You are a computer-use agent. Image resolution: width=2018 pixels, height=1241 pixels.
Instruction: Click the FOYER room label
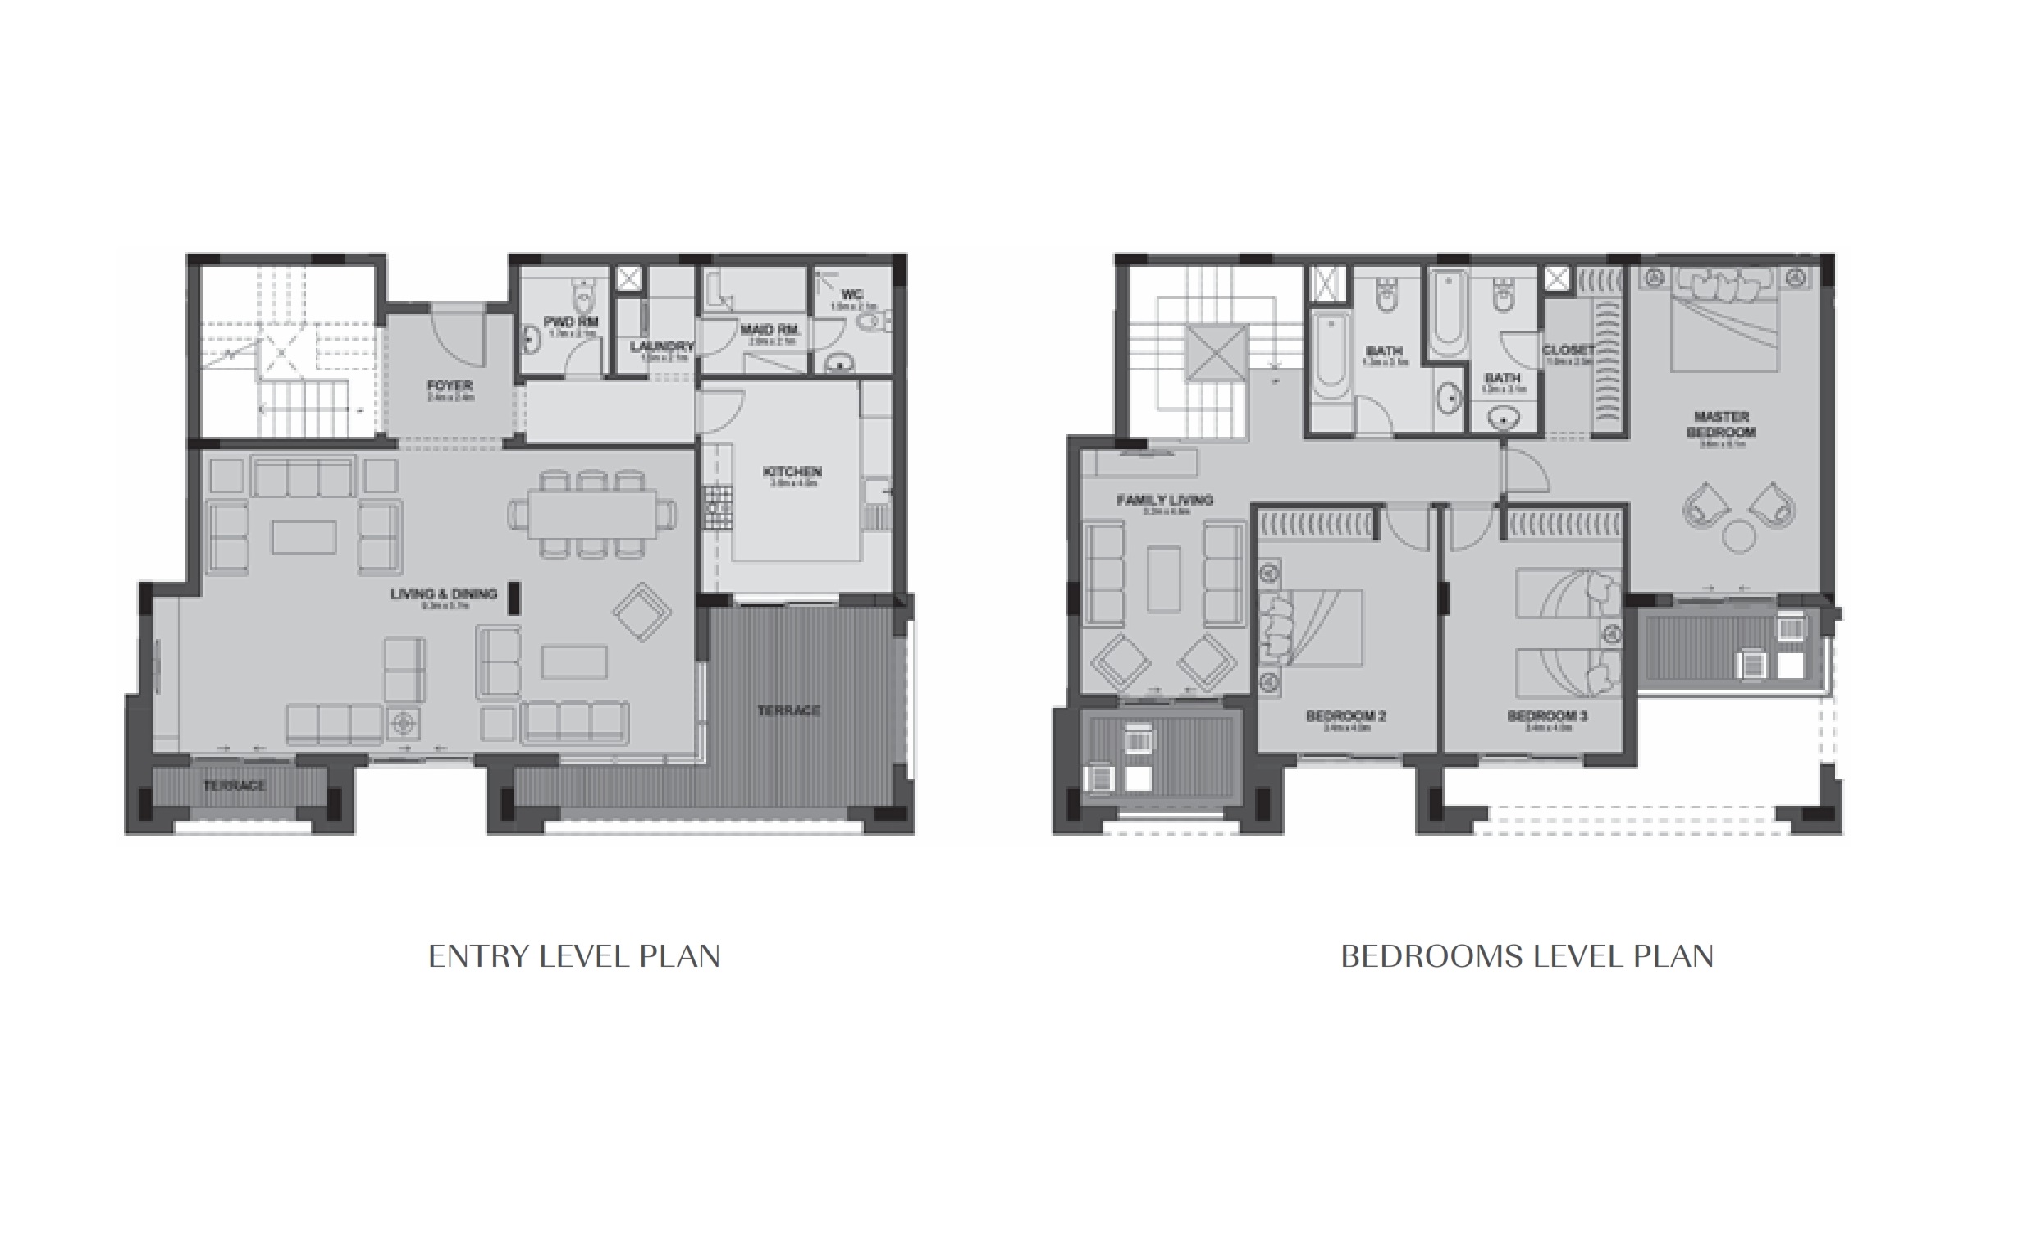pyautogui.click(x=450, y=386)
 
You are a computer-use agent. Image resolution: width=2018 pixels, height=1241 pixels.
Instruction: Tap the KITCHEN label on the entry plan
pyautogui.click(x=792, y=472)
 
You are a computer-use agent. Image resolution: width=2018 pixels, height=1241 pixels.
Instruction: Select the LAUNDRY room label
pyautogui.click(x=661, y=346)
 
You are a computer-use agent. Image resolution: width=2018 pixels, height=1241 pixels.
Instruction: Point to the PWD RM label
pyautogui.click(x=571, y=323)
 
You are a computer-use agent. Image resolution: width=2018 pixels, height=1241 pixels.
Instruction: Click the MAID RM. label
pyautogui.click(x=769, y=330)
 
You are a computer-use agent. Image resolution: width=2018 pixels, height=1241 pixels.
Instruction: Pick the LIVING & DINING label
pyautogui.click(x=444, y=594)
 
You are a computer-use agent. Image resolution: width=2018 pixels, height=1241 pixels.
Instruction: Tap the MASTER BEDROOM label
pyautogui.click(x=1721, y=424)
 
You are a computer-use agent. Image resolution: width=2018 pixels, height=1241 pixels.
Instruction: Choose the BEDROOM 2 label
pyautogui.click(x=1346, y=717)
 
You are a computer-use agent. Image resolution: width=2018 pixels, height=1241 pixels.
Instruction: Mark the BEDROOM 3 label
pyautogui.click(x=1547, y=717)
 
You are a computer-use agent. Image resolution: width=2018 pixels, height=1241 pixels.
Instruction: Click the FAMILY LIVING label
pyautogui.click(x=1165, y=499)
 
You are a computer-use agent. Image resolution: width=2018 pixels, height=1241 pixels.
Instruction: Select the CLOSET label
pyautogui.click(x=1568, y=350)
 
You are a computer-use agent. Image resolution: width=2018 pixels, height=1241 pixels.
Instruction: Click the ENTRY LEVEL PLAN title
pyautogui.click(x=573, y=956)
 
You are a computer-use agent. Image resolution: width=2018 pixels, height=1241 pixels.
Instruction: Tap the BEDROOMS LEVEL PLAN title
pyautogui.click(x=1527, y=956)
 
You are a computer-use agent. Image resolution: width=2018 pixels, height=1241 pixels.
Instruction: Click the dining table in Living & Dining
pyautogui.click(x=592, y=514)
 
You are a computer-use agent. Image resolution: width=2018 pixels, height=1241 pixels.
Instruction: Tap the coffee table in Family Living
pyautogui.click(x=1164, y=579)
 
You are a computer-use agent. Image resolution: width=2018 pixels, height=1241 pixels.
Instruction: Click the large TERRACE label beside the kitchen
pyautogui.click(x=788, y=710)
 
